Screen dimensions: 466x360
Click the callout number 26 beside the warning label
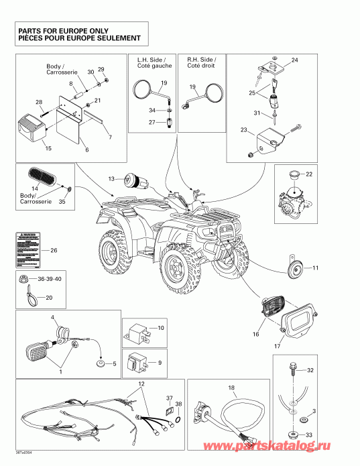click(x=54, y=251)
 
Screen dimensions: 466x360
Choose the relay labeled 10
click(x=138, y=331)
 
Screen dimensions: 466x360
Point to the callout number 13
click(x=112, y=178)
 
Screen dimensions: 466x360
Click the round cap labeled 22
click(x=293, y=175)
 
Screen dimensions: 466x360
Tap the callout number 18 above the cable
click(x=231, y=388)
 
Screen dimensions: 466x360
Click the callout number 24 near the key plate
click(x=294, y=60)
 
